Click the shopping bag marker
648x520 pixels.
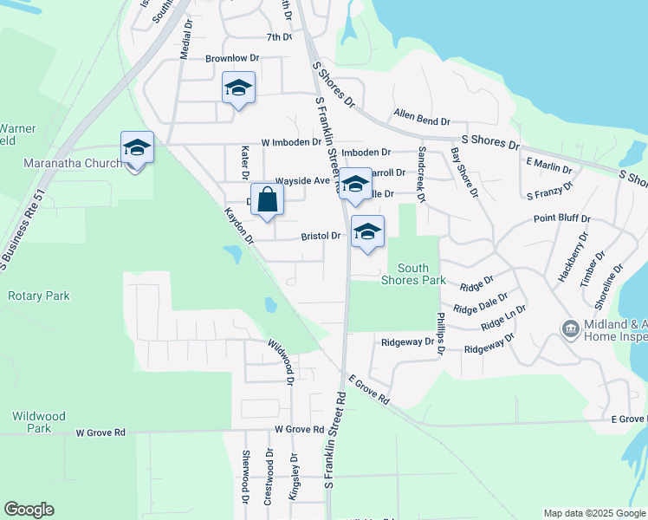pos(268,200)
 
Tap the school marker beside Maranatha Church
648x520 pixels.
pos(137,148)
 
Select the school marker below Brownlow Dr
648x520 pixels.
pos(238,88)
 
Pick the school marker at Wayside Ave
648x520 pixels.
pos(353,185)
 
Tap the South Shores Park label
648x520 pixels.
pos(416,274)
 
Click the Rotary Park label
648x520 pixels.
pos(38,296)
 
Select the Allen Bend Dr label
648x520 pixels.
pos(422,114)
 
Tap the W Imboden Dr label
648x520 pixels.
pos(291,141)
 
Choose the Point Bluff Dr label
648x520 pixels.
pos(561,219)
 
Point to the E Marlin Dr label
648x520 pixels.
pos(548,165)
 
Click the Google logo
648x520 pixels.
pos(29,510)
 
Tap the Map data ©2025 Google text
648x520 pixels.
pos(594,513)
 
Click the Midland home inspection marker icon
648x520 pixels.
pos(570,328)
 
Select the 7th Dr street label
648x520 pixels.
pos(279,37)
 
